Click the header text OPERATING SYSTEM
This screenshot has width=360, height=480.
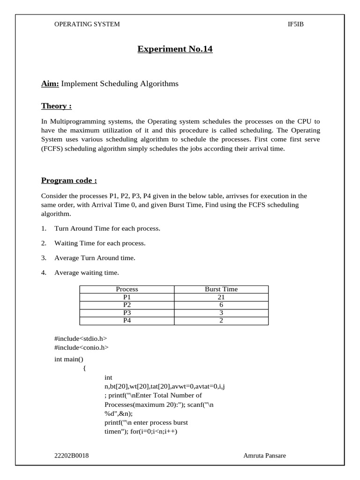[87, 24]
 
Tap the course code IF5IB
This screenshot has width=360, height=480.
[296, 24]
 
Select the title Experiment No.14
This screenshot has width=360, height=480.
[175, 49]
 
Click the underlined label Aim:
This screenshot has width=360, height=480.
[50, 83]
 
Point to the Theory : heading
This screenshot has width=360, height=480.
[56, 106]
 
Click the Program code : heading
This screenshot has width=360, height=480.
[69, 180]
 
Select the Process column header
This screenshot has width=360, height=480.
[127, 289]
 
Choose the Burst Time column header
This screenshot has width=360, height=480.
[221, 289]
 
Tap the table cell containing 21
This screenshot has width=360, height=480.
[221, 297]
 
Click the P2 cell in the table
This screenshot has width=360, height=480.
[127, 305]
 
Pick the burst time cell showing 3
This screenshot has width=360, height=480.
[221, 313]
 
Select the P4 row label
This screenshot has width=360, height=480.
[127, 321]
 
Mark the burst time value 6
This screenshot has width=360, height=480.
[221, 305]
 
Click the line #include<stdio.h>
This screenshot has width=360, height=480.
[81, 338]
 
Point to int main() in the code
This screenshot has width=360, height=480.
[69, 359]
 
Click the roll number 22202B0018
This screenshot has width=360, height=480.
[72, 455]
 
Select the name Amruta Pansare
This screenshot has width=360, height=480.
[264, 455]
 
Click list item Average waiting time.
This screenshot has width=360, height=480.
[87, 272]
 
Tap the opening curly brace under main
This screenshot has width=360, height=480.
[84, 368]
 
